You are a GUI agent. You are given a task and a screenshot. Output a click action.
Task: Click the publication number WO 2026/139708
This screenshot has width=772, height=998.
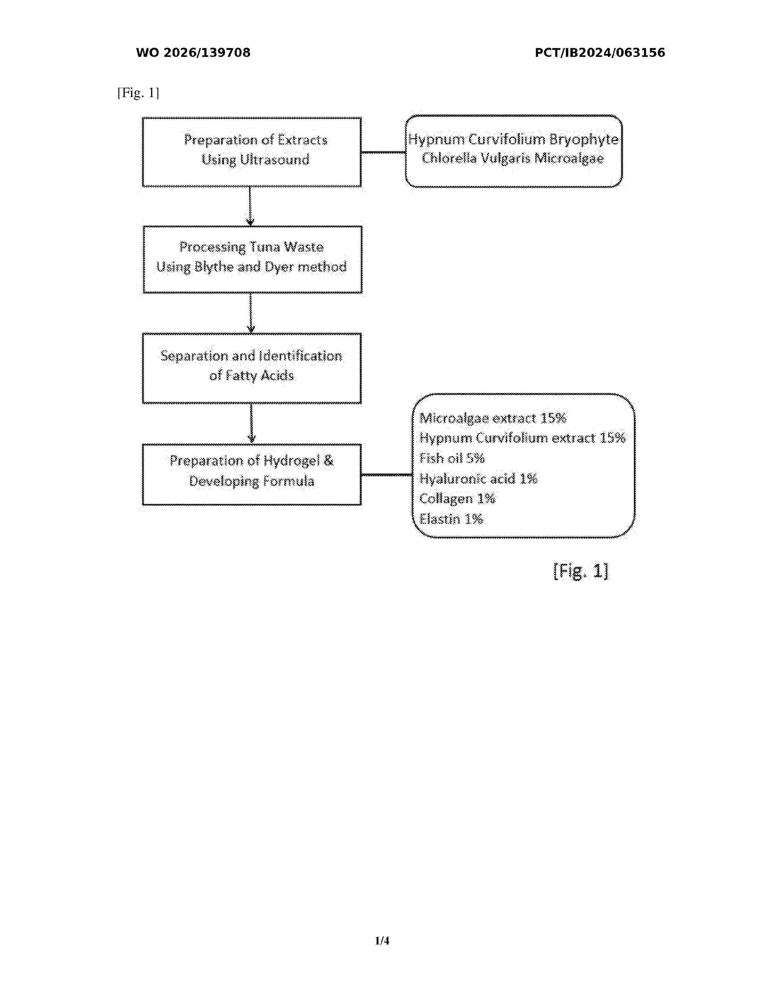point(193,53)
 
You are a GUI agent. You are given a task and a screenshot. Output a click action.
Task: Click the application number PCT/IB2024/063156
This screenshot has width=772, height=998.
point(599,53)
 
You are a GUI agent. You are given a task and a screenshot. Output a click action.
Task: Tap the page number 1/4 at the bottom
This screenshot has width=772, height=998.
point(382,941)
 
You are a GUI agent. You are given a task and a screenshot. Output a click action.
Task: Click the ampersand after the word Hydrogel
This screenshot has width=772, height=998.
point(328,461)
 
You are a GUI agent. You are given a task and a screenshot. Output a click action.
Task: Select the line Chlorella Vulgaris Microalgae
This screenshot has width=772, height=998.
point(513,158)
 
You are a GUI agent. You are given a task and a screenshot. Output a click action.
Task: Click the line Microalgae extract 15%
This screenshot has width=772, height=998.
point(493,418)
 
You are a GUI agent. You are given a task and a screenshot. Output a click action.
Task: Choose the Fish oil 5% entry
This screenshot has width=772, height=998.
point(452,458)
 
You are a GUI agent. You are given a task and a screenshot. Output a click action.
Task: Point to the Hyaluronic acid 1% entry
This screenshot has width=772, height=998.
point(478,478)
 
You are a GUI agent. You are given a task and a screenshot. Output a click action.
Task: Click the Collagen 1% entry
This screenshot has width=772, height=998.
point(457,498)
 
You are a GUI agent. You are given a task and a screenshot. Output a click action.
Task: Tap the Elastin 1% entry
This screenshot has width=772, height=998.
point(451,519)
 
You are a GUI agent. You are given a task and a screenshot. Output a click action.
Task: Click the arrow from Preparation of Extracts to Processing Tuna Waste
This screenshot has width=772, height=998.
point(250,206)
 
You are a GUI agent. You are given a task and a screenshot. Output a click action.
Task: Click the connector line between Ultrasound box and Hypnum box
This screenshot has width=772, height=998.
point(384,152)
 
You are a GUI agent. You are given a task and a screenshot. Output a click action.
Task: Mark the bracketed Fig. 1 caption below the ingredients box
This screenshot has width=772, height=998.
point(580,571)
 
